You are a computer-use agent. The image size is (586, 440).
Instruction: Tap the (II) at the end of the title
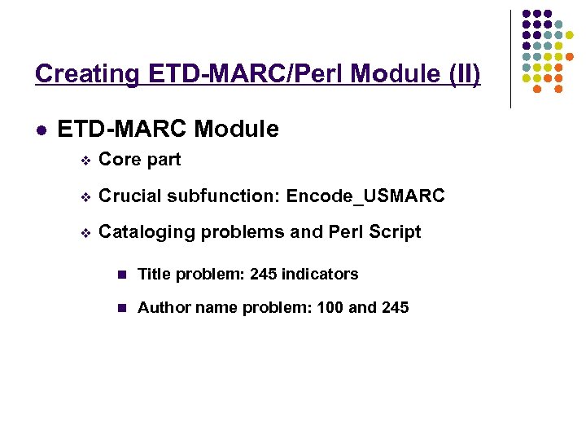click(x=463, y=74)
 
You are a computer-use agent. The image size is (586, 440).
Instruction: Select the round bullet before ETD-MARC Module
click(x=41, y=130)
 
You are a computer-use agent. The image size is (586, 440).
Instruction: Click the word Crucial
click(x=129, y=196)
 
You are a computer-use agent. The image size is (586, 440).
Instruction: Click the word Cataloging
click(x=146, y=232)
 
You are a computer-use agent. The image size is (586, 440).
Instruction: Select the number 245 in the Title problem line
click(x=264, y=274)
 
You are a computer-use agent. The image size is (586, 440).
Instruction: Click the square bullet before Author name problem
click(x=122, y=308)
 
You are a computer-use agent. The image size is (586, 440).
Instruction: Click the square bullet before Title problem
click(x=122, y=275)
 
